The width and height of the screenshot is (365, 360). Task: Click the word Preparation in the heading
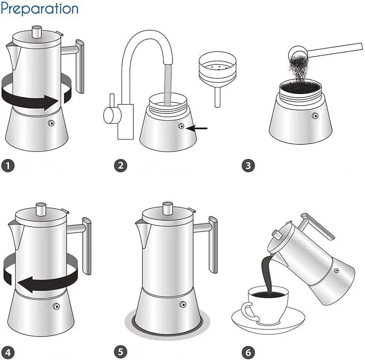(39, 9)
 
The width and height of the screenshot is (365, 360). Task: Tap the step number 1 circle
(8, 166)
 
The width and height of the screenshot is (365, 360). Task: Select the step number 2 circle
(121, 165)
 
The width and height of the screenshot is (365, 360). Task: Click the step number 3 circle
(248, 165)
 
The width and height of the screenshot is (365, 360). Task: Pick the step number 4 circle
(8, 352)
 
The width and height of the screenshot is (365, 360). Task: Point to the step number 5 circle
(121, 352)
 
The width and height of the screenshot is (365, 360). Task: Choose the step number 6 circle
(248, 352)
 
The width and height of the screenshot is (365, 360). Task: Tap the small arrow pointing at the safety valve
(197, 128)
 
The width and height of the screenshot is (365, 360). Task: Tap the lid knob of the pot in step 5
(168, 208)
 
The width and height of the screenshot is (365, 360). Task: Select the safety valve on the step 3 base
(315, 116)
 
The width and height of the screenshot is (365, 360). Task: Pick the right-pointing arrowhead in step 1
(51, 102)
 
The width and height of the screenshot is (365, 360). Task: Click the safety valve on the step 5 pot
(183, 304)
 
